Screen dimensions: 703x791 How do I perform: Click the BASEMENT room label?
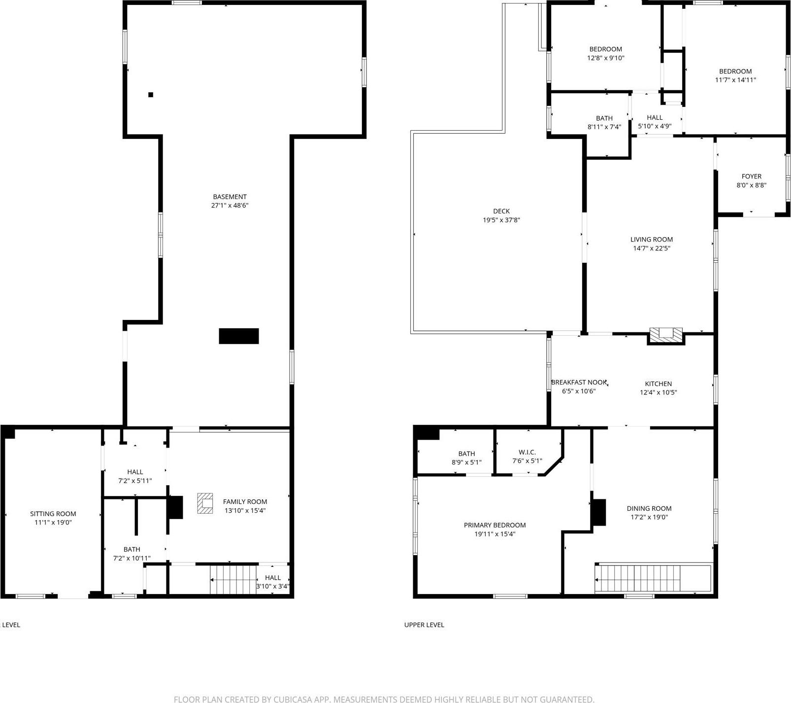click(230, 197)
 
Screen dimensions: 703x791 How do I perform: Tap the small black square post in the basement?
click(151, 95)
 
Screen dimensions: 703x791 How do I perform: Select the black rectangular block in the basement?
click(239, 336)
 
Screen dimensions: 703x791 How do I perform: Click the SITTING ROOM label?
click(53, 514)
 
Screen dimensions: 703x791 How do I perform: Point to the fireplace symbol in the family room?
click(205, 503)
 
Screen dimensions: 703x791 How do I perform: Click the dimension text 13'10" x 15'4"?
click(245, 511)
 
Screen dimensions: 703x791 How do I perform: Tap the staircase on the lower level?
click(233, 580)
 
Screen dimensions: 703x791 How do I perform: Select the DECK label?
click(501, 211)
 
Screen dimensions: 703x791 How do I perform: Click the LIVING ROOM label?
click(652, 240)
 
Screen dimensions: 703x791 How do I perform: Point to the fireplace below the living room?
click(666, 335)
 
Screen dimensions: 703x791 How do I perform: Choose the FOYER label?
click(751, 176)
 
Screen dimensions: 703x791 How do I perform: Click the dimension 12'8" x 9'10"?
click(605, 58)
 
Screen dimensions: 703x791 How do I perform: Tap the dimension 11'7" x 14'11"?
click(735, 80)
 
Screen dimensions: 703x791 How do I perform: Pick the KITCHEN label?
click(659, 384)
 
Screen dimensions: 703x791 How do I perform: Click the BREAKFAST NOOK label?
click(579, 382)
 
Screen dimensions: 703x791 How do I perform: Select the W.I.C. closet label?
click(527, 452)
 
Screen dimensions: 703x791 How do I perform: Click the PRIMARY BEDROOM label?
click(494, 525)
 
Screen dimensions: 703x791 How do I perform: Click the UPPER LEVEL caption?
click(424, 625)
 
